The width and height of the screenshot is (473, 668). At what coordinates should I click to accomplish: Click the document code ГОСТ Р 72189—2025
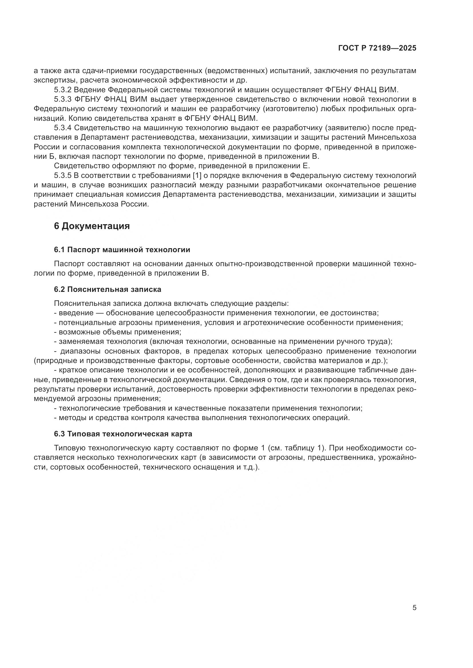tap(377, 48)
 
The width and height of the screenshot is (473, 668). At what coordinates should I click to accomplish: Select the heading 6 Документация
tap(92, 226)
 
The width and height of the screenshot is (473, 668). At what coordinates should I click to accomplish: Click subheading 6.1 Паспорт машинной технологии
tap(122, 250)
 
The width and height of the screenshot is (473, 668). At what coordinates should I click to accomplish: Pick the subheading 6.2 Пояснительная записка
tap(108, 289)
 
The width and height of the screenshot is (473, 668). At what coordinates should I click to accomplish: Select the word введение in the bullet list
tap(76, 313)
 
